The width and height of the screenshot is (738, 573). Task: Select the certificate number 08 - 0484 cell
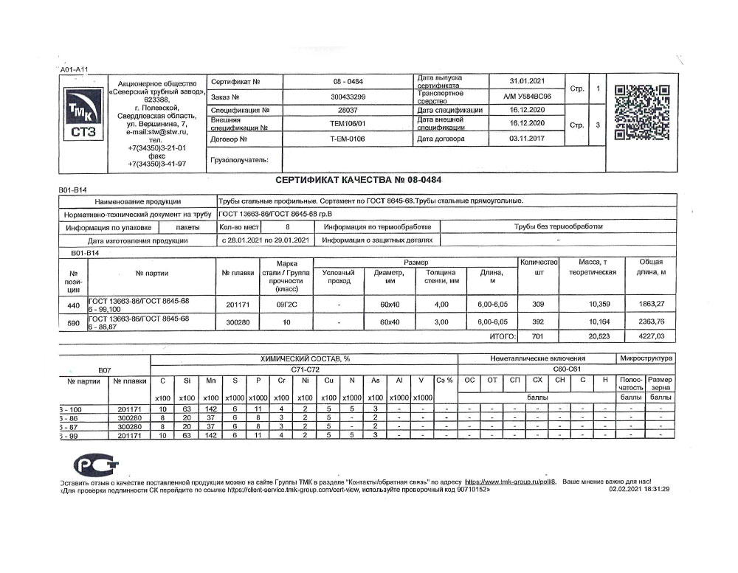click(x=348, y=81)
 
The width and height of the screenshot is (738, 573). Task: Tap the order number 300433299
click(x=348, y=97)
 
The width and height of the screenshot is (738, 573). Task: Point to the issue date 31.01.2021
click(x=527, y=81)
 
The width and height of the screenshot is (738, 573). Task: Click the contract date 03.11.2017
click(x=527, y=139)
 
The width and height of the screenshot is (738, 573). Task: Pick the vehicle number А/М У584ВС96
click(x=527, y=97)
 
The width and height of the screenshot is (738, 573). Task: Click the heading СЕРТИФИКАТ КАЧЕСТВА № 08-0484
click(x=359, y=180)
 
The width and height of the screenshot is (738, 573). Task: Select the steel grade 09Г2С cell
click(x=287, y=304)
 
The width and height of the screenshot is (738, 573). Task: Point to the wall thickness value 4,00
click(x=441, y=304)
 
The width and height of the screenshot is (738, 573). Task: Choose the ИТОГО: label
click(x=502, y=336)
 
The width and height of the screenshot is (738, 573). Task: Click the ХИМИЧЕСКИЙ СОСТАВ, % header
click(x=303, y=358)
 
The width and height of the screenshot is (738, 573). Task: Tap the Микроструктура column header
click(x=646, y=358)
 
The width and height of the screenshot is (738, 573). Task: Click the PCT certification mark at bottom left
click(x=92, y=465)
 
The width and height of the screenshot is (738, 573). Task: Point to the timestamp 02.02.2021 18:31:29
click(x=639, y=489)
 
